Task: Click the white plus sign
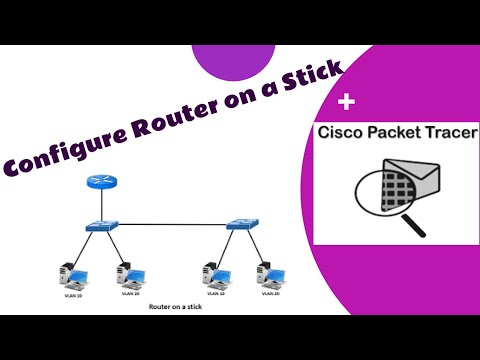coord(347,102)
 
